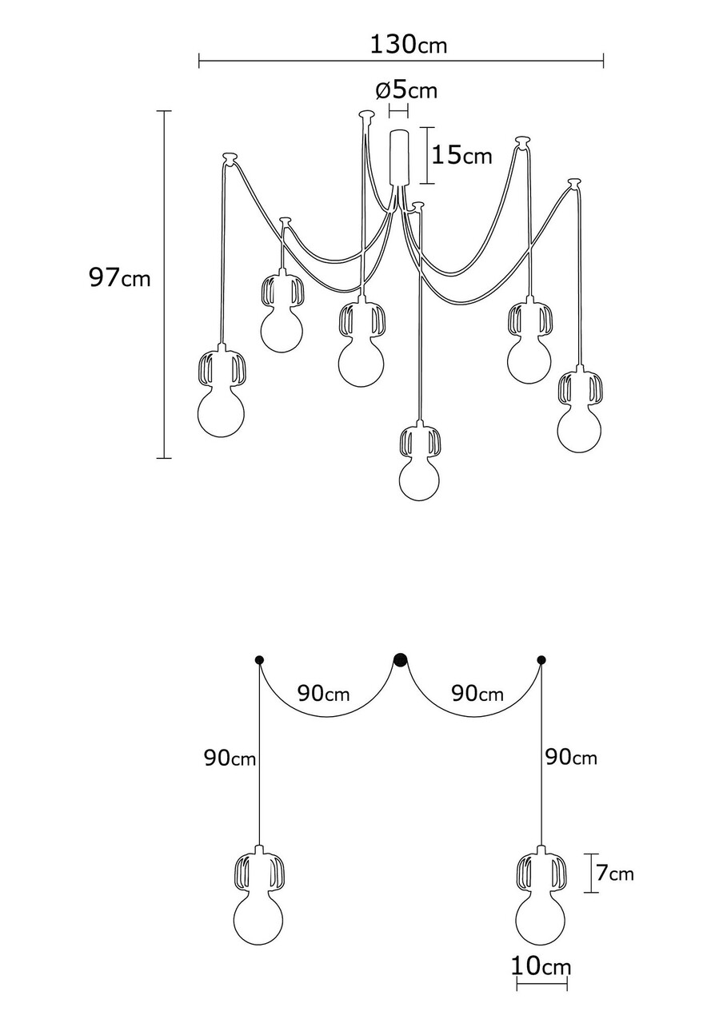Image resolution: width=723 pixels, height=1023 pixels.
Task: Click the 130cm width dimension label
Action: point(408,45)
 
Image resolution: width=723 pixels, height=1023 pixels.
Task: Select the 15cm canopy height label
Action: point(461,154)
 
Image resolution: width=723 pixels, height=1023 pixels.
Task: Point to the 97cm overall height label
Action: point(119,278)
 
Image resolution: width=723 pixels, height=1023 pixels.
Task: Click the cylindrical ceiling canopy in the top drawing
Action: point(399,157)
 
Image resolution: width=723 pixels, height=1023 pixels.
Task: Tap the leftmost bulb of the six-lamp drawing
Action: point(220,413)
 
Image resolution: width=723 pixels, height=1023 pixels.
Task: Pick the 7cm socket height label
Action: point(614,874)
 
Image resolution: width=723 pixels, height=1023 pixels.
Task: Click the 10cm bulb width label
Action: point(541,967)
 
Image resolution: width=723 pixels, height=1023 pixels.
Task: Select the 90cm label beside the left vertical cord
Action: point(230,758)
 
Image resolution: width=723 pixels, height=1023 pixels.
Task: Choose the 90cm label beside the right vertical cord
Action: point(570,756)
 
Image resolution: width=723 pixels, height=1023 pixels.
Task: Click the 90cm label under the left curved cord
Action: point(323,693)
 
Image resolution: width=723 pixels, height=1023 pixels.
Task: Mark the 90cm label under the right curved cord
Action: point(477,693)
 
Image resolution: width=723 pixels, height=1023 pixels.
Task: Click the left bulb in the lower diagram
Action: point(258,919)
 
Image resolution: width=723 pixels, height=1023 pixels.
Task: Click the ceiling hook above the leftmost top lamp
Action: point(230,155)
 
